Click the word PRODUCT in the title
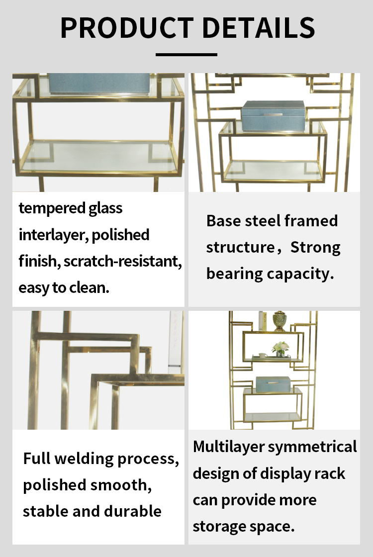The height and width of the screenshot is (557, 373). click(x=127, y=27)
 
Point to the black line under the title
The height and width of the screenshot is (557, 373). click(x=186, y=55)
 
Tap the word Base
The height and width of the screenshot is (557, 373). click(x=224, y=221)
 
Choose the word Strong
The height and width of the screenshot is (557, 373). click(x=315, y=248)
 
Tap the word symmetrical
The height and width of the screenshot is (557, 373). click(x=313, y=447)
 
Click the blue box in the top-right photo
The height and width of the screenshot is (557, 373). click(x=273, y=116)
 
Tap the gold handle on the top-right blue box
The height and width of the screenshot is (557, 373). click(x=273, y=115)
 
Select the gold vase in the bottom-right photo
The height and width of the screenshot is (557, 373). click(x=279, y=321)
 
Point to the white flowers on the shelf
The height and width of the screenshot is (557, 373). click(x=280, y=347)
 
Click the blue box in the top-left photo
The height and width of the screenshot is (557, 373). click(x=99, y=84)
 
